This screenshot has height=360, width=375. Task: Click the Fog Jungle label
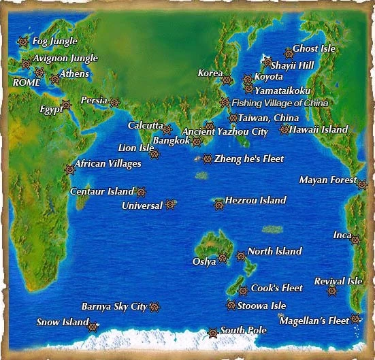[x=54, y=42]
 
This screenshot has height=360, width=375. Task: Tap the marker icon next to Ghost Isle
[x=289, y=52]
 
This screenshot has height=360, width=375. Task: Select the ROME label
[x=27, y=82]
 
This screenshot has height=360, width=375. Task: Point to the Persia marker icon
[x=114, y=103]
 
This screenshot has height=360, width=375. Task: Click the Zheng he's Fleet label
[x=248, y=159]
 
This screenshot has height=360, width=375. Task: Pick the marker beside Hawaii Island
[x=284, y=129]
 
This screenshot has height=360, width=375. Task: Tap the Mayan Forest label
[x=328, y=180]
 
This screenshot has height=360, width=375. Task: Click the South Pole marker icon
[x=212, y=332]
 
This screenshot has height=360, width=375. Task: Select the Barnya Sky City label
[x=114, y=306]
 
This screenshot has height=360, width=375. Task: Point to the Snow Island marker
[x=93, y=327]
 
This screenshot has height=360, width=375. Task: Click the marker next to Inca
[x=355, y=239]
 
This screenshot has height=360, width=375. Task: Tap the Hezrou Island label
[x=255, y=201]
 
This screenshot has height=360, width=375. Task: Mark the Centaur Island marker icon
[x=141, y=193]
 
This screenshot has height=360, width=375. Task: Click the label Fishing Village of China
[x=280, y=103]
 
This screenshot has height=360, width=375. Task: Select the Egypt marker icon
[x=66, y=105]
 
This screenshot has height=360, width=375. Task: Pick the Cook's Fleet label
[x=277, y=288]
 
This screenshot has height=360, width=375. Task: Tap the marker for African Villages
[x=69, y=169]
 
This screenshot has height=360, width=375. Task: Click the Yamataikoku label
[x=282, y=89]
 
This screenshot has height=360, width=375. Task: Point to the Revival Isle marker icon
[x=332, y=291]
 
